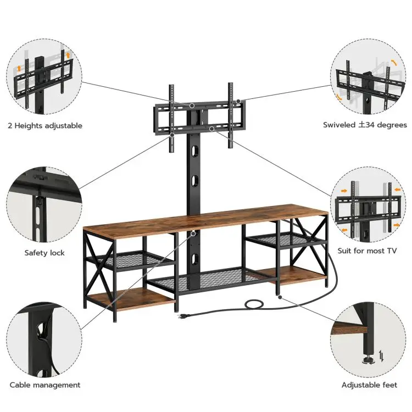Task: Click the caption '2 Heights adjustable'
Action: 45,126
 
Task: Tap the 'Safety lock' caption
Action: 44,253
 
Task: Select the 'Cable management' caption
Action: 45,385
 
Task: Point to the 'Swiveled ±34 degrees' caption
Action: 365,125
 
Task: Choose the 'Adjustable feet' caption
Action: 369,385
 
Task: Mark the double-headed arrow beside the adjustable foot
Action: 382,358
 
